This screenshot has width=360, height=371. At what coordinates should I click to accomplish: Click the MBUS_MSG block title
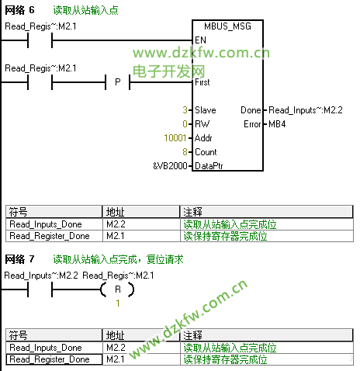pos(227,26)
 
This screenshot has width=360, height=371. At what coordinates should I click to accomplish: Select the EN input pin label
pos(201,40)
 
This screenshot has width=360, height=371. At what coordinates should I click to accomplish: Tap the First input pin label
pos(202,82)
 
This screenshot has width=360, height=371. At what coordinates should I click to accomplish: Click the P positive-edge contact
pos(118,82)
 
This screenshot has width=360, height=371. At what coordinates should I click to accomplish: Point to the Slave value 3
pos(185,110)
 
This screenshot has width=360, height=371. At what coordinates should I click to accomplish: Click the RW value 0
pos(185,124)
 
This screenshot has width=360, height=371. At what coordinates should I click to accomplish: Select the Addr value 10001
pos(175,138)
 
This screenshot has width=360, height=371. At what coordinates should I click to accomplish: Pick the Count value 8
pos(185,152)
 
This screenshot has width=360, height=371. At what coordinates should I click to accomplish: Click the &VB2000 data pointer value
pos(170,165)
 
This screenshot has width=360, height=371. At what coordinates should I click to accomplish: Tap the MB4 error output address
pos(277,124)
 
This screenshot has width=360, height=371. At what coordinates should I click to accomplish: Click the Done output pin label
pos(251,110)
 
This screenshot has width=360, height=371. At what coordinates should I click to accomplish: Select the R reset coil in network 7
pos(118,290)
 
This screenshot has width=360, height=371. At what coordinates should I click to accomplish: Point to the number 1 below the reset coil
pos(118,303)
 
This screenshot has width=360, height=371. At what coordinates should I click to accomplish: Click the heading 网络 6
pos(19,10)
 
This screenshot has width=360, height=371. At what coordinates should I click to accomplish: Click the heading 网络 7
pos(19,259)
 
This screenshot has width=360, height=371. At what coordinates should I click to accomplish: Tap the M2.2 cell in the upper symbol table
pos(116,224)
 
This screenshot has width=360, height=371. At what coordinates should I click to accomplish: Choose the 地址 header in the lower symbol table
pos(115,335)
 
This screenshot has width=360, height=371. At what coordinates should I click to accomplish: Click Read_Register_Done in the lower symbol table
pos(50,359)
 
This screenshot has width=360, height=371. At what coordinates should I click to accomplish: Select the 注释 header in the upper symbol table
pos(192,212)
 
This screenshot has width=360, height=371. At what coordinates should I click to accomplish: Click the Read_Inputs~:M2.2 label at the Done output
pos(306,110)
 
